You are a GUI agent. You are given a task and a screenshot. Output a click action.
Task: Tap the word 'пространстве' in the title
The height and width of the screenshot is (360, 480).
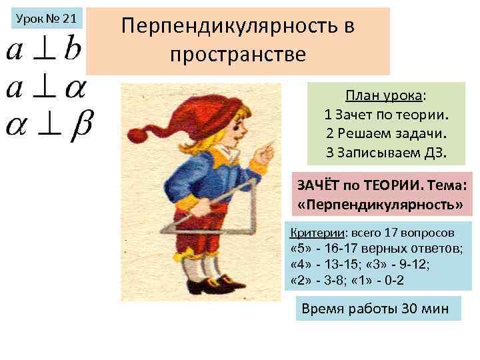pos(238,54)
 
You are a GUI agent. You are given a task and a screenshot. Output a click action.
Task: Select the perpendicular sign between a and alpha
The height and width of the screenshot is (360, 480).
pos(44,88)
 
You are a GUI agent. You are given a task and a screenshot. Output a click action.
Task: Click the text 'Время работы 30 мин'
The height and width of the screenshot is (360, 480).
pos(375,309)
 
